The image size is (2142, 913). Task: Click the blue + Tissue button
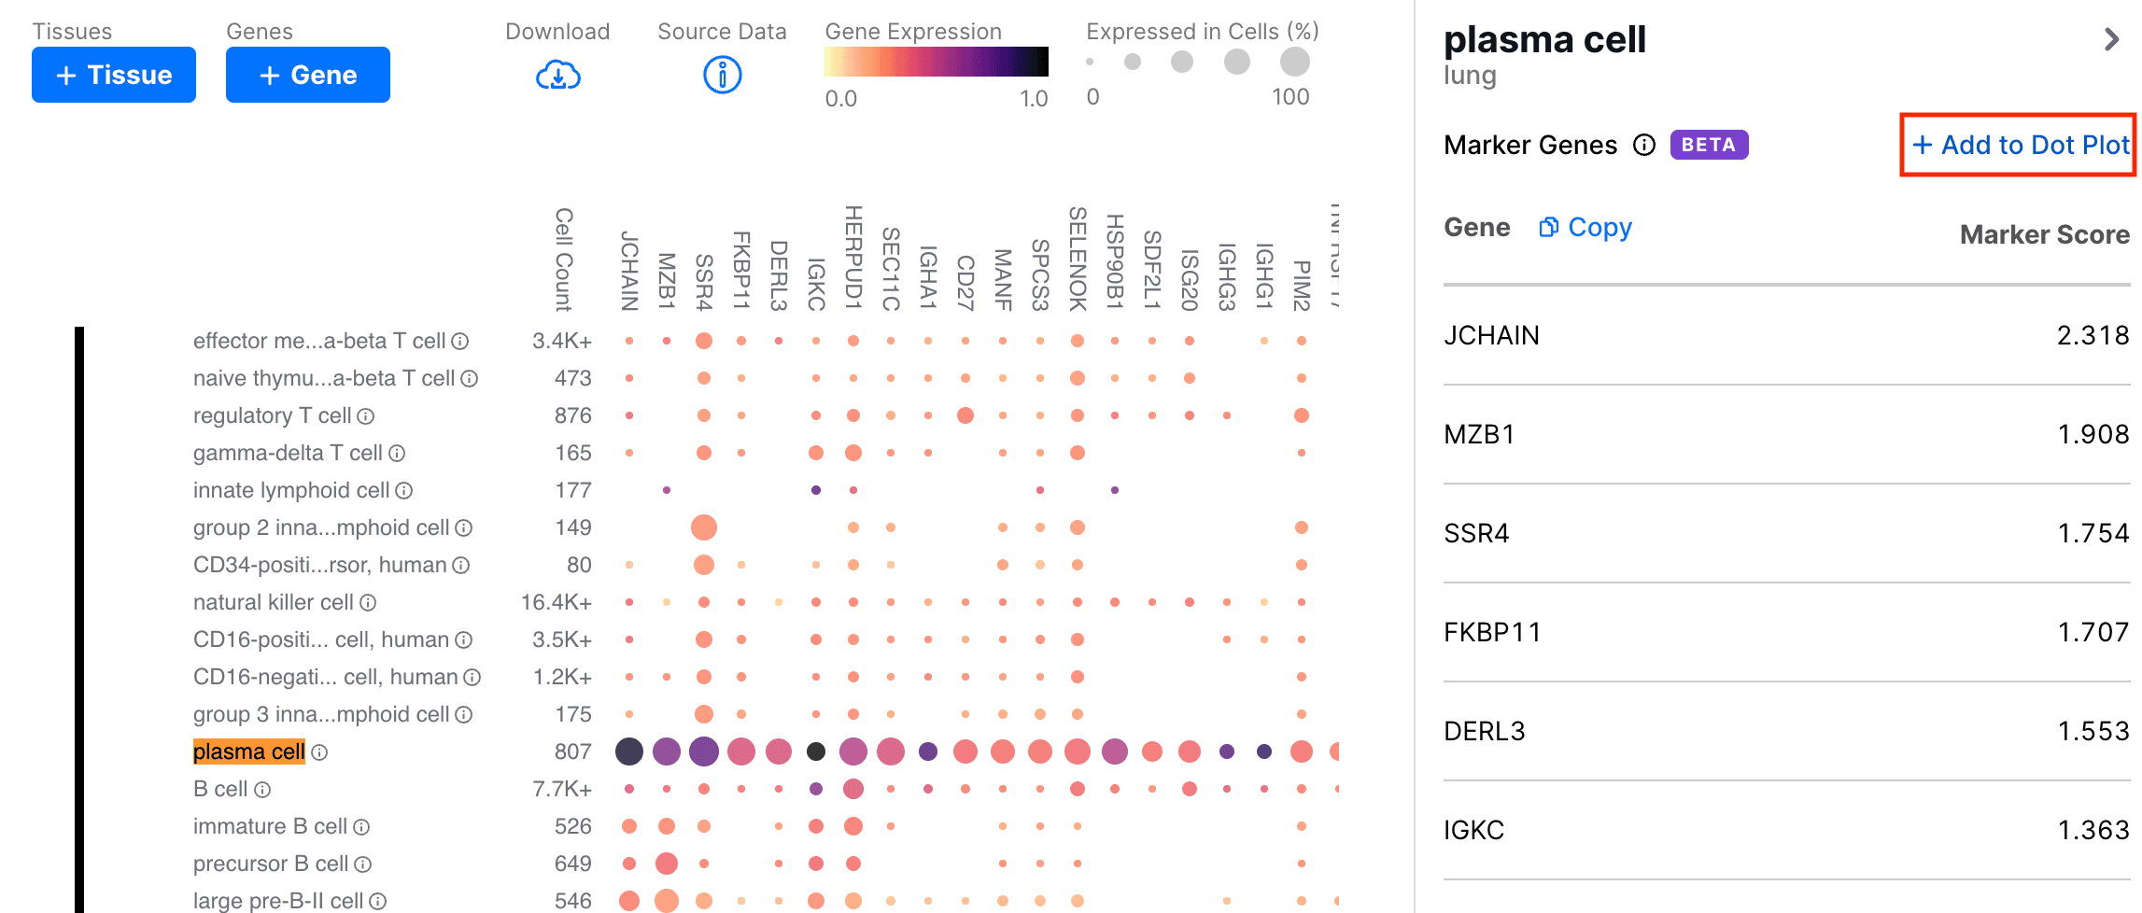point(114,75)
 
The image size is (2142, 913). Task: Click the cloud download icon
point(557,75)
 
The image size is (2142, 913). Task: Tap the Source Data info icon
point(722,75)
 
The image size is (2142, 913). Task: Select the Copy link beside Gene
point(1585,227)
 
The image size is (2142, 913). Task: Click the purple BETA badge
point(1708,145)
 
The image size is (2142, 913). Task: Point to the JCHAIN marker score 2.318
point(2092,335)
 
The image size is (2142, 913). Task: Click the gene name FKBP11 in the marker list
point(1491,632)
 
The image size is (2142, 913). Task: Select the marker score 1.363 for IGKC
point(2093,830)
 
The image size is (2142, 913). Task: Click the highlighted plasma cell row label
point(249,751)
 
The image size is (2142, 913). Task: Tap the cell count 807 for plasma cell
point(572,751)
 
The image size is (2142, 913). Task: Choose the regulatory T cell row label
point(272,415)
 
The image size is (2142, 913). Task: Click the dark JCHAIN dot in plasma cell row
point(629,751)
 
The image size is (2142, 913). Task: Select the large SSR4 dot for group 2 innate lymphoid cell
point(704,527)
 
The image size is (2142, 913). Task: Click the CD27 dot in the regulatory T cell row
point(965,415)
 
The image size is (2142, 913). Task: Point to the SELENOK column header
point(1078,259)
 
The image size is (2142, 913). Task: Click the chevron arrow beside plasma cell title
point(2112,39)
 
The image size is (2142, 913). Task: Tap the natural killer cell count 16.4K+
point(556,602)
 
